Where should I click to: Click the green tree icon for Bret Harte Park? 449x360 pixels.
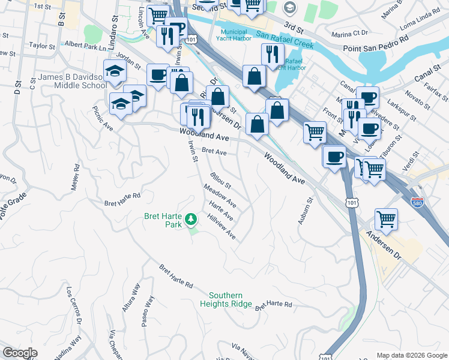pos(191,219)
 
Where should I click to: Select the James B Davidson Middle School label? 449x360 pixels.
pos(64,81)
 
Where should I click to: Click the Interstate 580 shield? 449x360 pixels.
pos(417,203)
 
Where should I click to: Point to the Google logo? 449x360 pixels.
pos(20,353)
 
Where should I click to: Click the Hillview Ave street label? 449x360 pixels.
pos(221,227)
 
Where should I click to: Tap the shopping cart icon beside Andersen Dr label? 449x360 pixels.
pos(387,218)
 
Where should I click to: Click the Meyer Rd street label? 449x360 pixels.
pos(76,178)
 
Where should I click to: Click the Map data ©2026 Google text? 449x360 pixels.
pos(411,355)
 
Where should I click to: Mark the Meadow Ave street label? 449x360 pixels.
pos(220,196)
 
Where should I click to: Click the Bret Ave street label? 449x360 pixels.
pos(214,152)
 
